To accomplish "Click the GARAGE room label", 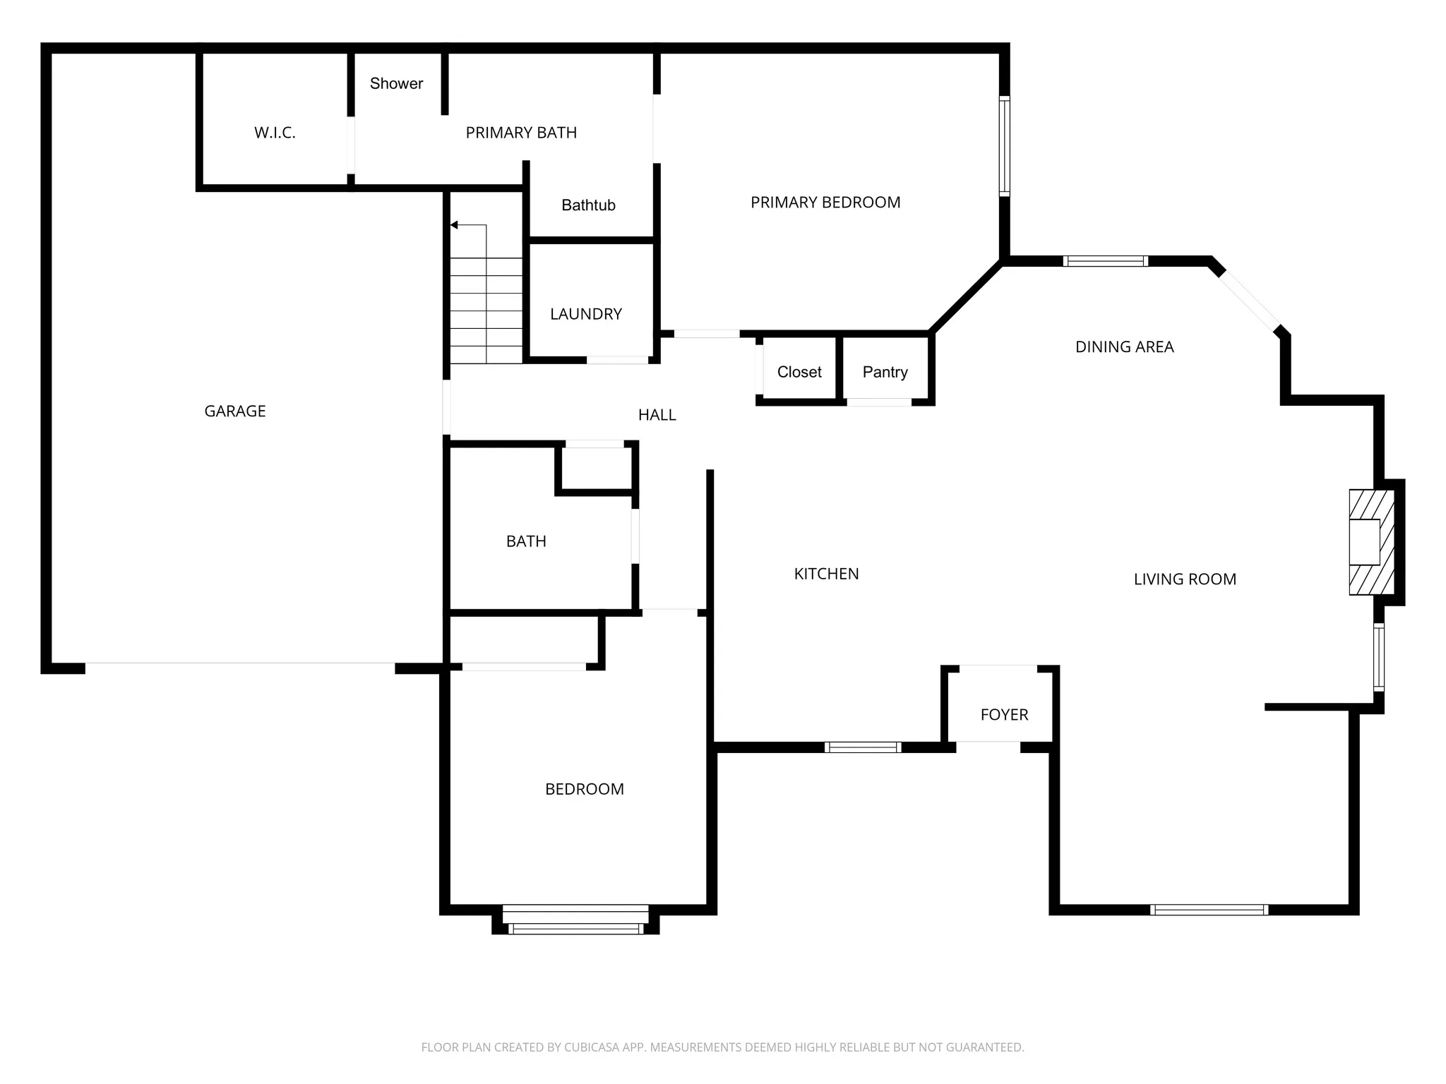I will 235,411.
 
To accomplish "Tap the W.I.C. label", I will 275,133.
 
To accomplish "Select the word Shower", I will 396,83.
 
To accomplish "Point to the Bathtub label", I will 588,205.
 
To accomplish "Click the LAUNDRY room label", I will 585,314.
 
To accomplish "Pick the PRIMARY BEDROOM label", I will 825,203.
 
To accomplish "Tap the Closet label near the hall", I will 799,372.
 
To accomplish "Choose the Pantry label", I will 885,372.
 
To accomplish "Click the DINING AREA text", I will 1124,347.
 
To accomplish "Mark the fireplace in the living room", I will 1371,542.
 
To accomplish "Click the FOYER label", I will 1004,715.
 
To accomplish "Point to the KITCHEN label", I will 826,574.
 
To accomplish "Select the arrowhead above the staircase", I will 454,225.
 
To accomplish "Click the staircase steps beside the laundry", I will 486,311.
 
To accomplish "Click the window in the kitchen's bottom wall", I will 862,747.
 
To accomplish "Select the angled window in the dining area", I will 1250,302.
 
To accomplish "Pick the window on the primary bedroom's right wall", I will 1004,145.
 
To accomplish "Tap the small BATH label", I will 526,541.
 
